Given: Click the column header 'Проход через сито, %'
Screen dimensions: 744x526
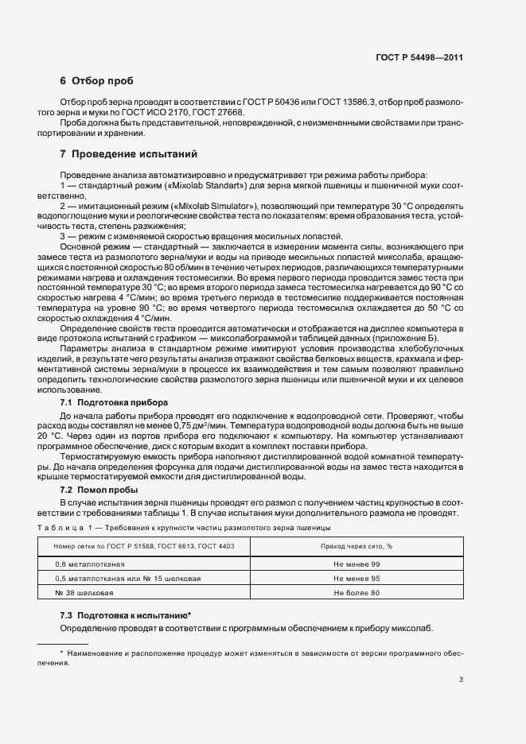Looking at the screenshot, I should point(357,546).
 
